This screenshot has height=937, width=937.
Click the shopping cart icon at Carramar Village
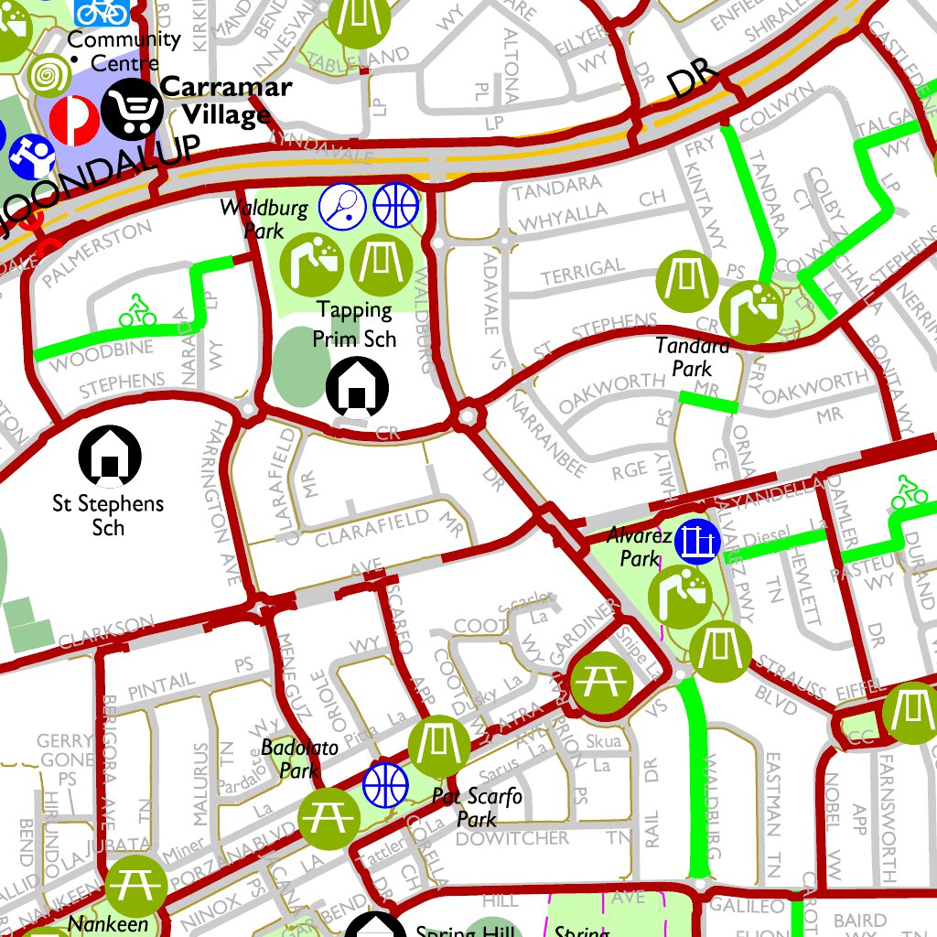point(132,109)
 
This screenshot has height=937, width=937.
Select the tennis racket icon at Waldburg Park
point(342,206)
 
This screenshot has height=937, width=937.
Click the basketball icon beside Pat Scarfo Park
point(385,784)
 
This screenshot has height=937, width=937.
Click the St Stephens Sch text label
point(108,515)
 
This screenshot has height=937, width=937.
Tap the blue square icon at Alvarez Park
point(699,541)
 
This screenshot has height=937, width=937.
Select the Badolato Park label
point(299,759)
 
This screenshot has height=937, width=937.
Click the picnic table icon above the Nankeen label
point(135,886)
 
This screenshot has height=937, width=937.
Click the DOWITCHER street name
point(512,838)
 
